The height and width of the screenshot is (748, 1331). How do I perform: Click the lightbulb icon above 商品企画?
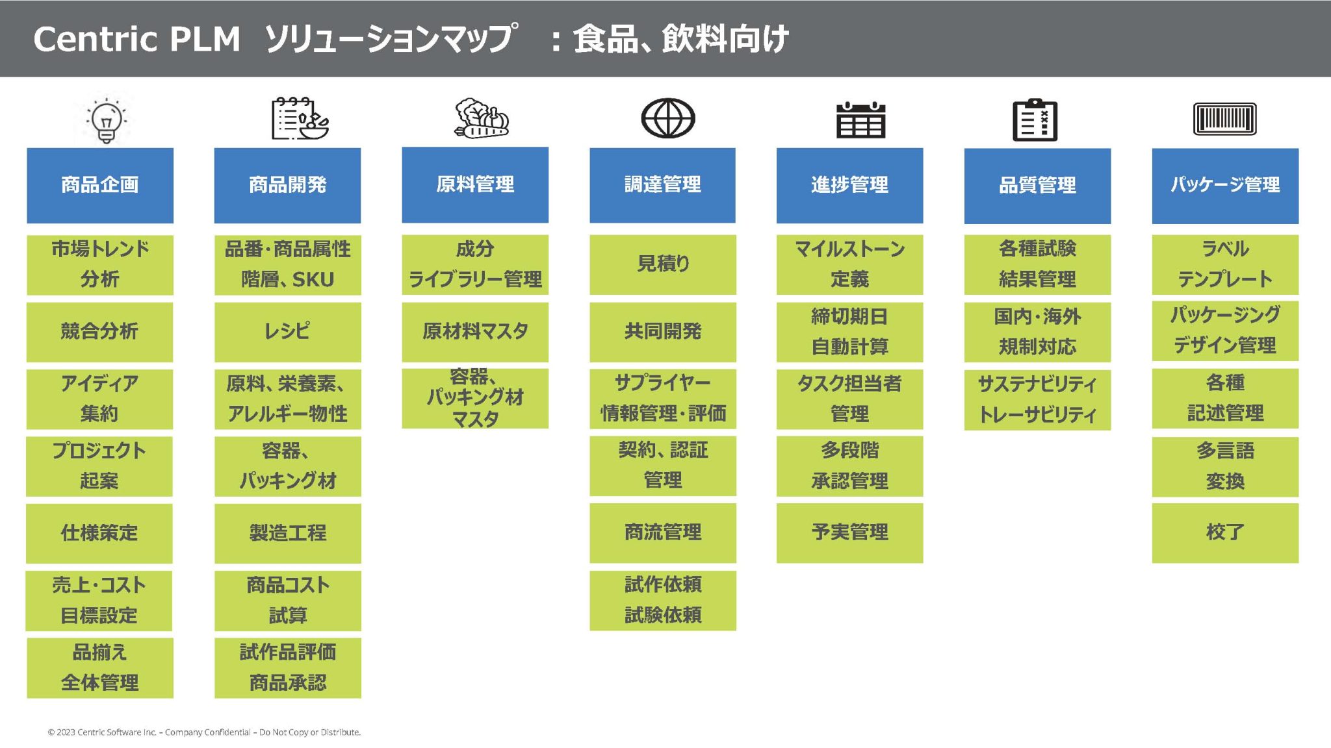[106, 120]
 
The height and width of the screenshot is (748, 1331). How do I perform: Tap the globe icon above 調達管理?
[667, 118]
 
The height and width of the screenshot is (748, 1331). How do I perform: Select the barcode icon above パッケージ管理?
[1224, 119]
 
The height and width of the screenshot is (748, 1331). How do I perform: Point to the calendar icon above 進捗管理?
[860, 120]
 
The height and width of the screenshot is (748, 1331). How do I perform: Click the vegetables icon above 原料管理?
[481, 119]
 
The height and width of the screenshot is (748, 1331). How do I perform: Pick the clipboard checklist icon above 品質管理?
[1035, 120]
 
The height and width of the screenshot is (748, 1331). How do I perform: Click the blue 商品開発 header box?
[287, 185]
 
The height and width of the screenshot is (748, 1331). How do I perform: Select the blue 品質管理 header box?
[1037, 186]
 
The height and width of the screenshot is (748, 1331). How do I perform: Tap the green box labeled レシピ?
[287, 332]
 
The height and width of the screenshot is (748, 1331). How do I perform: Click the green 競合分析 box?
[99, 332]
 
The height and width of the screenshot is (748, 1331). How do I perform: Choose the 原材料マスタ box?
[475, 332]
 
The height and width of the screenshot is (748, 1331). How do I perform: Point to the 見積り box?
[662, 264]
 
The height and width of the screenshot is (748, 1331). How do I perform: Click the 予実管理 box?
[849, 533]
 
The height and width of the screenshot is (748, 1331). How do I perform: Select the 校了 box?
[1225, 533]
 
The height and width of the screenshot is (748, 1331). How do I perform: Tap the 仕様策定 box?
[99, 533]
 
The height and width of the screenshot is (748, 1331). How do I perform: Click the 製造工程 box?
[287, 533]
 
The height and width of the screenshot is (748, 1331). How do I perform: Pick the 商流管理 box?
[662, 533]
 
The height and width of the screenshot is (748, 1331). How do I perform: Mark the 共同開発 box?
[662, 332]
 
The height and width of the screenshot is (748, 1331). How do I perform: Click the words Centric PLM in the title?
[136, 39]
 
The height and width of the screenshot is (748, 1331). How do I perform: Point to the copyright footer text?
[204, 732]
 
